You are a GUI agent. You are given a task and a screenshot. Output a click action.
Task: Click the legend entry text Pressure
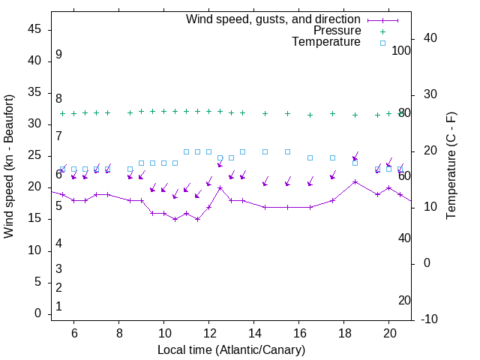[x=337, y=31]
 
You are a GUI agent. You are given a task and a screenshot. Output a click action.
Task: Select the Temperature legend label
[x=326, y=42]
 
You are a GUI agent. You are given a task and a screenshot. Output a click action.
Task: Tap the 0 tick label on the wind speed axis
[x=37, y=314]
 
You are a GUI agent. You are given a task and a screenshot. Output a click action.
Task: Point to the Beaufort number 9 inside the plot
[x=58, y=55]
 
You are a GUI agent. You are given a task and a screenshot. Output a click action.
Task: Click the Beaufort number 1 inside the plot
[x=58, y=307]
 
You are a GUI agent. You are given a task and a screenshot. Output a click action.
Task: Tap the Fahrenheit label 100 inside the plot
[x=401, y=50]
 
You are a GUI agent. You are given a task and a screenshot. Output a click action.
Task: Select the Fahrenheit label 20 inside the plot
[x=404, y=301]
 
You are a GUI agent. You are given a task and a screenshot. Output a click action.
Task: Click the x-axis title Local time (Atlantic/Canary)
[x=232, y=349]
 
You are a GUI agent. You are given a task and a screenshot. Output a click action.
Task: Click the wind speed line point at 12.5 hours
[x=220, y=187]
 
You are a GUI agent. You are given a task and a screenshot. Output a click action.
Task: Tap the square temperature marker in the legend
[x=382, y=43]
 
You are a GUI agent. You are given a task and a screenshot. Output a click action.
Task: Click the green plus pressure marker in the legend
[x=382, y=31]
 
